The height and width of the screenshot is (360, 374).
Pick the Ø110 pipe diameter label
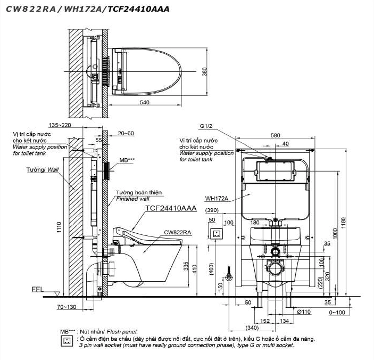[x=304, y=311]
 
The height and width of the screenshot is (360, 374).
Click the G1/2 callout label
[x=206, y=127]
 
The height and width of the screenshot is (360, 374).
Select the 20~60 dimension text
[x=126, y=133]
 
